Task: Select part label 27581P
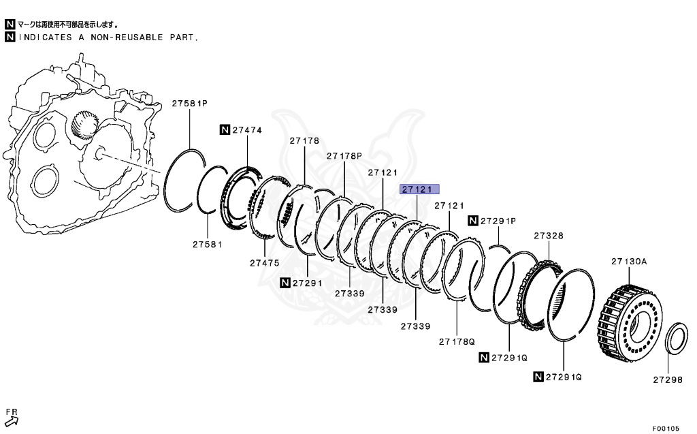(x=189, y=104)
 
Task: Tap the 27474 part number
(x=249, y=129)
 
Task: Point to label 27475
(x=265, y=262)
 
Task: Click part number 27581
(x=207, y=243)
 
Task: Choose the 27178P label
(x=344, y=156)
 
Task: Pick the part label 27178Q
(x=455, y=341)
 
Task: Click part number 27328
(x=548, y=236)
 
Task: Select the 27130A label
(x=628, y=261)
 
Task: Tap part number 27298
(x=668, y=380)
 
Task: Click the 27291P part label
(x=498, y=221)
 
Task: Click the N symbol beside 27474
(x=224, y=129)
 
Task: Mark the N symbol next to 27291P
(x=472, y=221)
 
